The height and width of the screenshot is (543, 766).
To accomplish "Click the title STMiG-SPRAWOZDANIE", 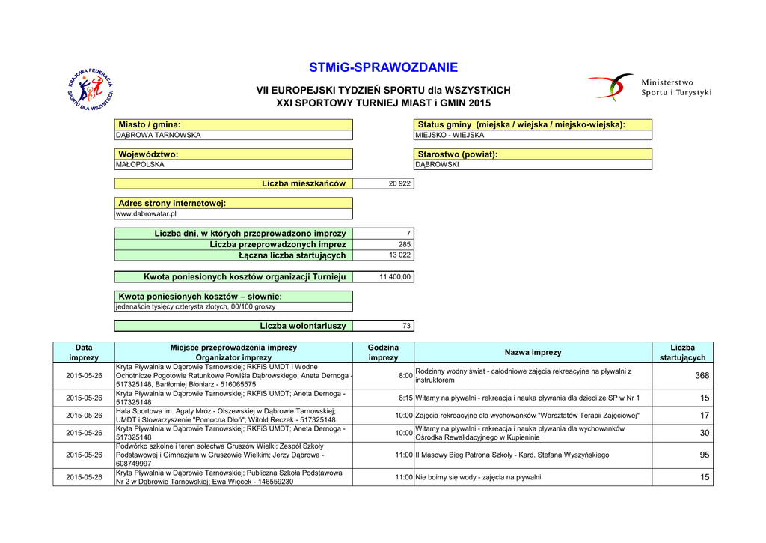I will (383, 67).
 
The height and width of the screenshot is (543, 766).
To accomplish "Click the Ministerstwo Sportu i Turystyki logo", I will (648, 88).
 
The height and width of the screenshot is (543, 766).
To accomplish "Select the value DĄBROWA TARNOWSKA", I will (158, 136).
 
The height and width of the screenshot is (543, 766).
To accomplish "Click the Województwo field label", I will (149, 154).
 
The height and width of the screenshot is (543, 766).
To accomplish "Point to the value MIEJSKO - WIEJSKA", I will (450, 136).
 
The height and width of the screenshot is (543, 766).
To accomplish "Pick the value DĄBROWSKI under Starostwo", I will (438, 165).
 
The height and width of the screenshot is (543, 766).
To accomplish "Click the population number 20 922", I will (399, 183).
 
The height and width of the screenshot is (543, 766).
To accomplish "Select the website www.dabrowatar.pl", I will (146, 214).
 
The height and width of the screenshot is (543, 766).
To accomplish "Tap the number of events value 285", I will (404, 245).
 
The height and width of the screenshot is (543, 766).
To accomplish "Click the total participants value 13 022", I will (399, 255).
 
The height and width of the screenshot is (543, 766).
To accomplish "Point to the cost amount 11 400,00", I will (395, 277).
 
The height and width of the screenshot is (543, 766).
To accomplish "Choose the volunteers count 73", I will (406, 326).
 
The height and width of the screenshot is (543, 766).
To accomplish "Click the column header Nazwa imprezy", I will (533, 352).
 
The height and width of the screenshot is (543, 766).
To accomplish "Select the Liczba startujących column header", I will (682, 352).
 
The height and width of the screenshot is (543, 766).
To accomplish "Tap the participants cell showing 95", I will (705, 455).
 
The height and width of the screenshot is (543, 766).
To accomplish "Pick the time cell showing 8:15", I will (405, 398).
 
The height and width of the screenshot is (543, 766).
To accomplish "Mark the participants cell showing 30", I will (705, 434).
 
